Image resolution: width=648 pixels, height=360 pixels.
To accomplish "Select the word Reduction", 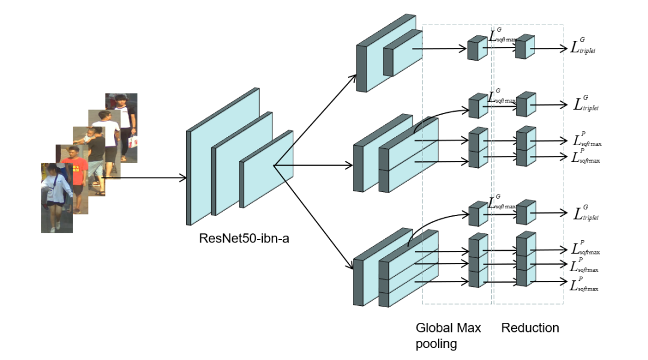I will [530, 328].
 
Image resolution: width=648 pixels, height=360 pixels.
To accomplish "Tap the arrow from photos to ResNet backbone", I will [144, 178].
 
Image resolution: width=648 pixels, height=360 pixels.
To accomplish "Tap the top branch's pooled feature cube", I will [477, 48].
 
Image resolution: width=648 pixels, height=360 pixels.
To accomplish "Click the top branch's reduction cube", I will [524, 47].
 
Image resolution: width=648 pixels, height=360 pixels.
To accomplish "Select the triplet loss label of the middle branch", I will [585, 104].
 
